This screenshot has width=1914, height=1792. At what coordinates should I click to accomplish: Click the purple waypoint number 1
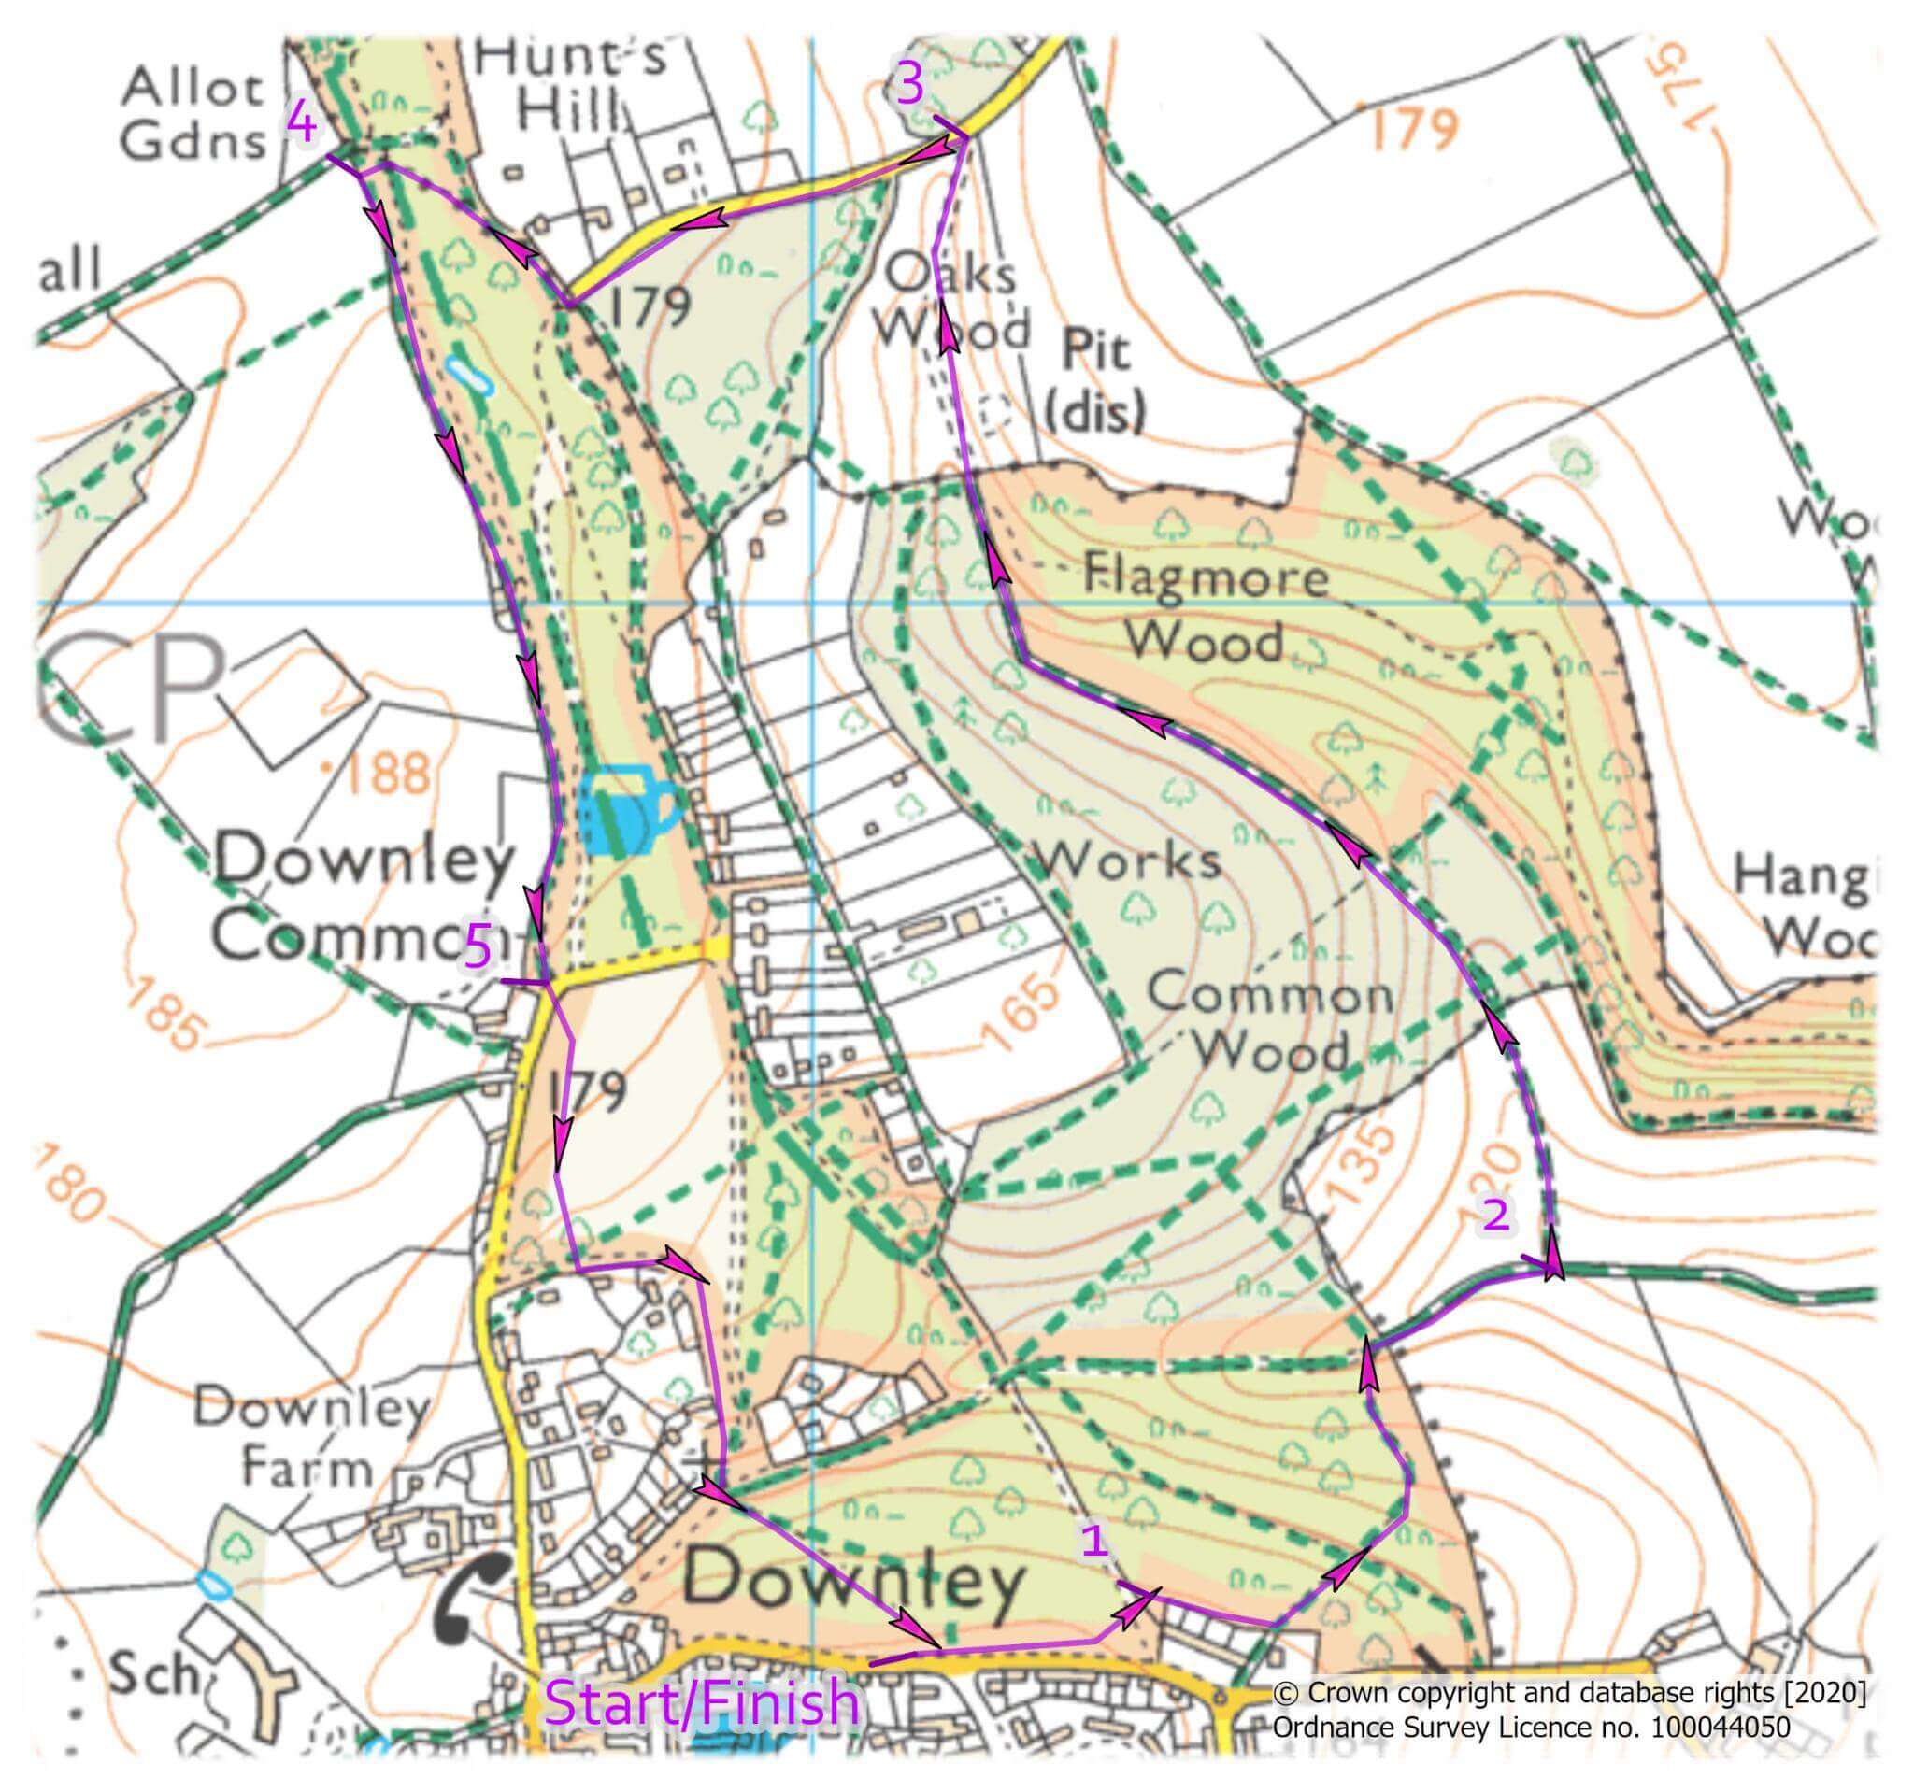1095,1541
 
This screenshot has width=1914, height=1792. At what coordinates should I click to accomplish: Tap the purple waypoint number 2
1495,1216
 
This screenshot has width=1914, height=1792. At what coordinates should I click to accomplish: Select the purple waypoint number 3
910,85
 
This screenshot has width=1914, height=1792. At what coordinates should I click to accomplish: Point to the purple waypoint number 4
302,124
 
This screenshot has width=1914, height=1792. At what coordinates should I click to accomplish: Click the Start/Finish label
701,1701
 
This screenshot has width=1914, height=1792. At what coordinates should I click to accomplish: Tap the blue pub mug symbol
628,809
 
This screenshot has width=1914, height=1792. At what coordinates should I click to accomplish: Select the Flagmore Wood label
1206,610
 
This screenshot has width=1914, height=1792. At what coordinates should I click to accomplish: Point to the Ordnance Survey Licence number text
1531,1727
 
